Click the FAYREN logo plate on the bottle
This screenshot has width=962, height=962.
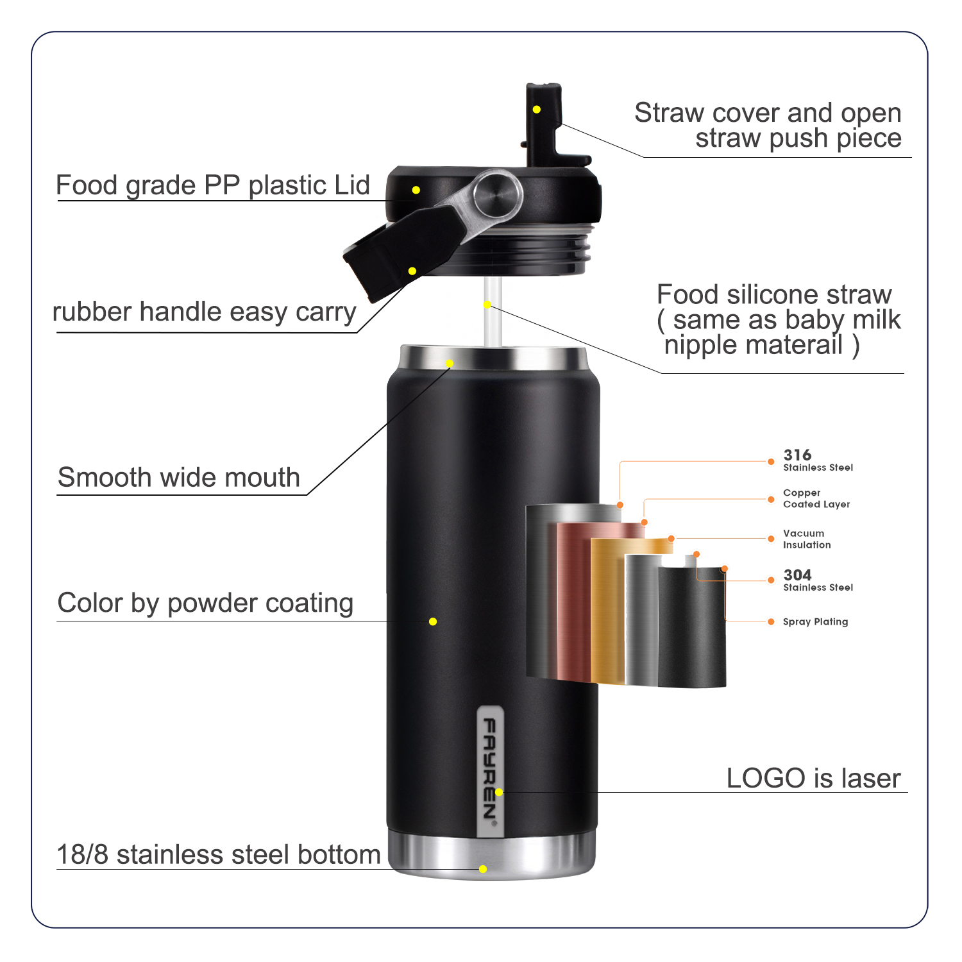491,770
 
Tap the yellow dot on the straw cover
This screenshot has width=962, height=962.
537,110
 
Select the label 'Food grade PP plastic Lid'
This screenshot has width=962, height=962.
213,185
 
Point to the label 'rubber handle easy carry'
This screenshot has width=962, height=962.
204,312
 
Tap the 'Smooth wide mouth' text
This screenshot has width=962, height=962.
179,478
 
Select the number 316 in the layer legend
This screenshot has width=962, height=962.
797,455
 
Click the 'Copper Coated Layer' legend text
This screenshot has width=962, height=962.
816,499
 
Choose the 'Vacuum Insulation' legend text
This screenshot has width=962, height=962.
807,539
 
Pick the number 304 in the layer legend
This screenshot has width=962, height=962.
797,575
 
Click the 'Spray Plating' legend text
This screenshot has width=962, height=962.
815,621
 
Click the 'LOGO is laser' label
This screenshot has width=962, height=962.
813,779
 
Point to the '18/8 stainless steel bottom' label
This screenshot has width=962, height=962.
219,855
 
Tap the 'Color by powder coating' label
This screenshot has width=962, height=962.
205,603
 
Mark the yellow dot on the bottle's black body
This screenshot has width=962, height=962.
433,621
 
